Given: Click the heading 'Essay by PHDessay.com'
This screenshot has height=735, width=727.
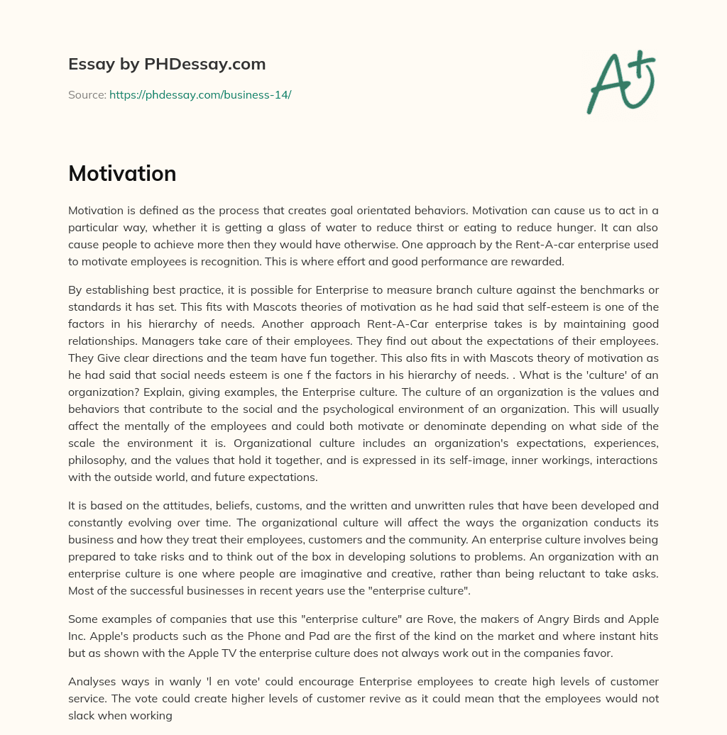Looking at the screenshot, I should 167,65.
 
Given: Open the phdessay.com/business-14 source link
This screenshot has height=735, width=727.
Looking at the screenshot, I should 200,94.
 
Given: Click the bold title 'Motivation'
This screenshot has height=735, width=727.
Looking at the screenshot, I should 122,173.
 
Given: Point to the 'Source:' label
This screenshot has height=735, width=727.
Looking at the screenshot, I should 87,94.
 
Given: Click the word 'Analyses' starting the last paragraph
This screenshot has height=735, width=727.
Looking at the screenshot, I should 92,681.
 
